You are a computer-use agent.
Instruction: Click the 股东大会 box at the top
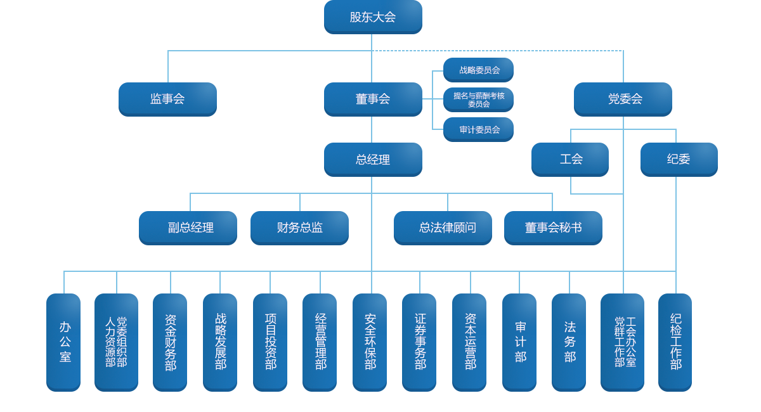372,17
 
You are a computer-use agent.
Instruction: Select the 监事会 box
167,99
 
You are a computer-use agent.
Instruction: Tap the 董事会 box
372,99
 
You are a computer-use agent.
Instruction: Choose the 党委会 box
622,99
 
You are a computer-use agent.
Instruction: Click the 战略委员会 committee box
478,70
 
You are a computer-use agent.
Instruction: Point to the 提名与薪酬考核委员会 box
478,100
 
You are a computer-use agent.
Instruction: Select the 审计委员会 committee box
478,129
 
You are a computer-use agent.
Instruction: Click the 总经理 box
372,159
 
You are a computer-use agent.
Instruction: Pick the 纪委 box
678,159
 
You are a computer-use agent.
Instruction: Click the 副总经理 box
188,228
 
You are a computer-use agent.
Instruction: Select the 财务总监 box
299,228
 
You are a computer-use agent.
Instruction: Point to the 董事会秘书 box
552,228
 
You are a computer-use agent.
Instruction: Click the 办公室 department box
63,342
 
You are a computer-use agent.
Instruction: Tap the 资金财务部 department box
169,342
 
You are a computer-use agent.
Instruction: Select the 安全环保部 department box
369,342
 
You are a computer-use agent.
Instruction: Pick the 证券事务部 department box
419,342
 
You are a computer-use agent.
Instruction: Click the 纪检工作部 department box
674,342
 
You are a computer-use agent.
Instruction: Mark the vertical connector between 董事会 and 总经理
372,129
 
